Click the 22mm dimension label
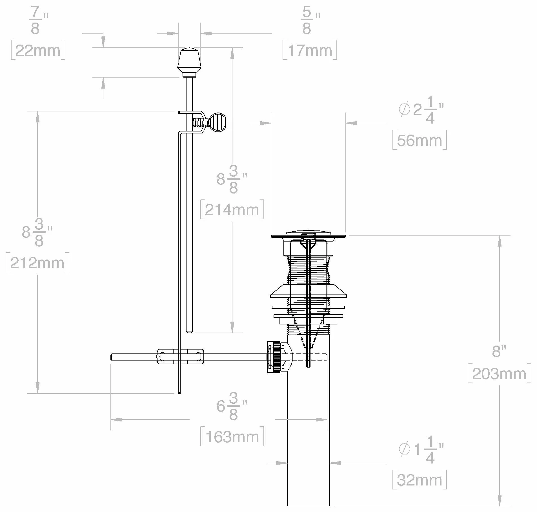pos(38,50)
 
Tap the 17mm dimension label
pos(310,50)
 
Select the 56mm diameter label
pos(420,140)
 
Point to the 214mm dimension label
pos(232,210)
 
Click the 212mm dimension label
pos(37,263)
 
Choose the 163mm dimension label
pos(232,437)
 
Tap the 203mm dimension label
pos(499,373)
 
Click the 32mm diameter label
pos(420,480)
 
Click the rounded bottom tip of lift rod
pos(189,331)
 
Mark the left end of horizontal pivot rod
pos(112,357)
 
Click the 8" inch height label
pos(499,351)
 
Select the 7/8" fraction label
pos(38,20)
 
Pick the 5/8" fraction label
pos(310,20)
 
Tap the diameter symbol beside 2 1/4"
pos(404,109)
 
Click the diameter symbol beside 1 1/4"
pos(404,449)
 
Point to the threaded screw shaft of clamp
pos(199,122)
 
